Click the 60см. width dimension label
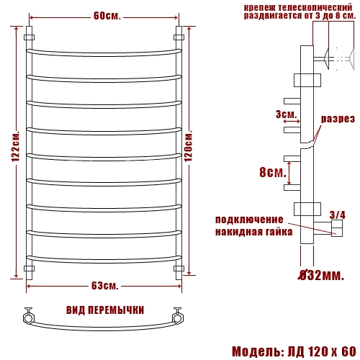[x=107, y=17]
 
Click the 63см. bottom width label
[x=105, y=286]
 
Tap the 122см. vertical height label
[x=16, y=147]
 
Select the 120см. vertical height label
[x=189, y=146]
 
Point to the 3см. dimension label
[x=286, y=114]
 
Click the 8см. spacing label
[x=273, y=172]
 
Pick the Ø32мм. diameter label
[x=321, y=275]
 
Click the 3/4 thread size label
[x=338, y=215]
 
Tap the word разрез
[x=338, y=119]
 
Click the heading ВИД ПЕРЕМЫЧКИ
[x=105, y=310]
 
